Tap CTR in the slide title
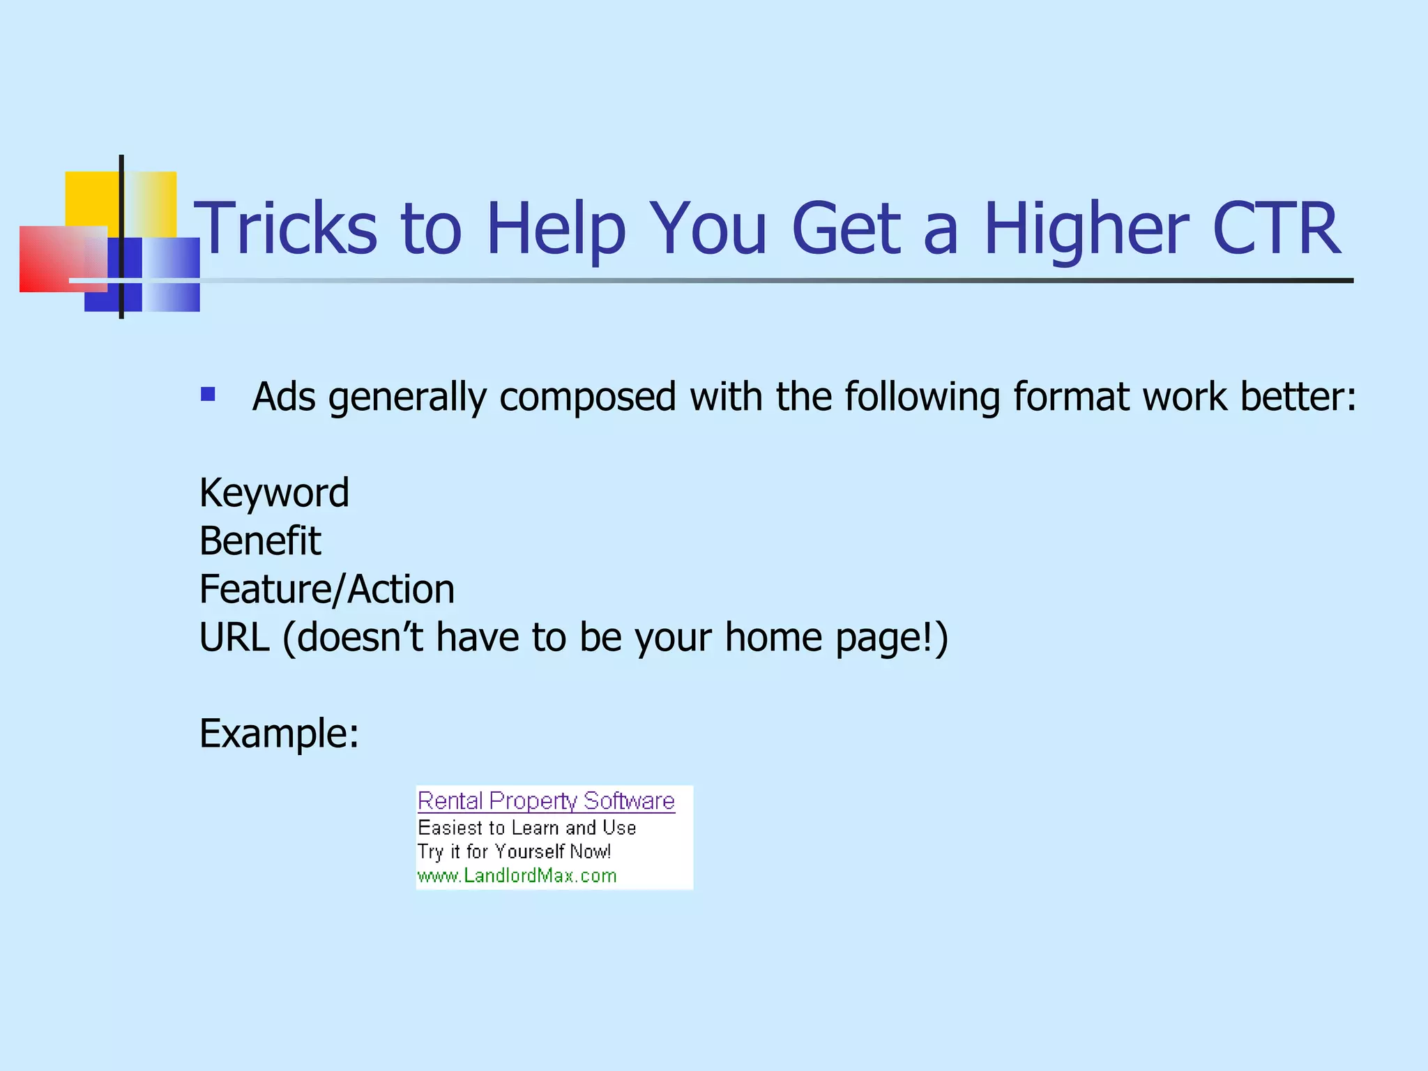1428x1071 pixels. (1275, 229)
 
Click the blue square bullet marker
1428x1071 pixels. (208, 395)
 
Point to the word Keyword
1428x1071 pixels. (274, 493)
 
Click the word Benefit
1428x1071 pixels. (260, 541)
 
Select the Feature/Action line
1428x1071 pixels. (327, 589)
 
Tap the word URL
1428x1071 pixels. (234, 637)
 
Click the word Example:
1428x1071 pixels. (279, 734)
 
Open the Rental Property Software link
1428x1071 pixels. (546, 800)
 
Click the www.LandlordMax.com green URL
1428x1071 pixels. (517, 876)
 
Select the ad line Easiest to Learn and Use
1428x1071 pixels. (526, 828)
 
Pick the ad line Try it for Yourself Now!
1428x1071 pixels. (514, 851)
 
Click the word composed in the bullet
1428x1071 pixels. (587, 397)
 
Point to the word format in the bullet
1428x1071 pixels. (1070, 397)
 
